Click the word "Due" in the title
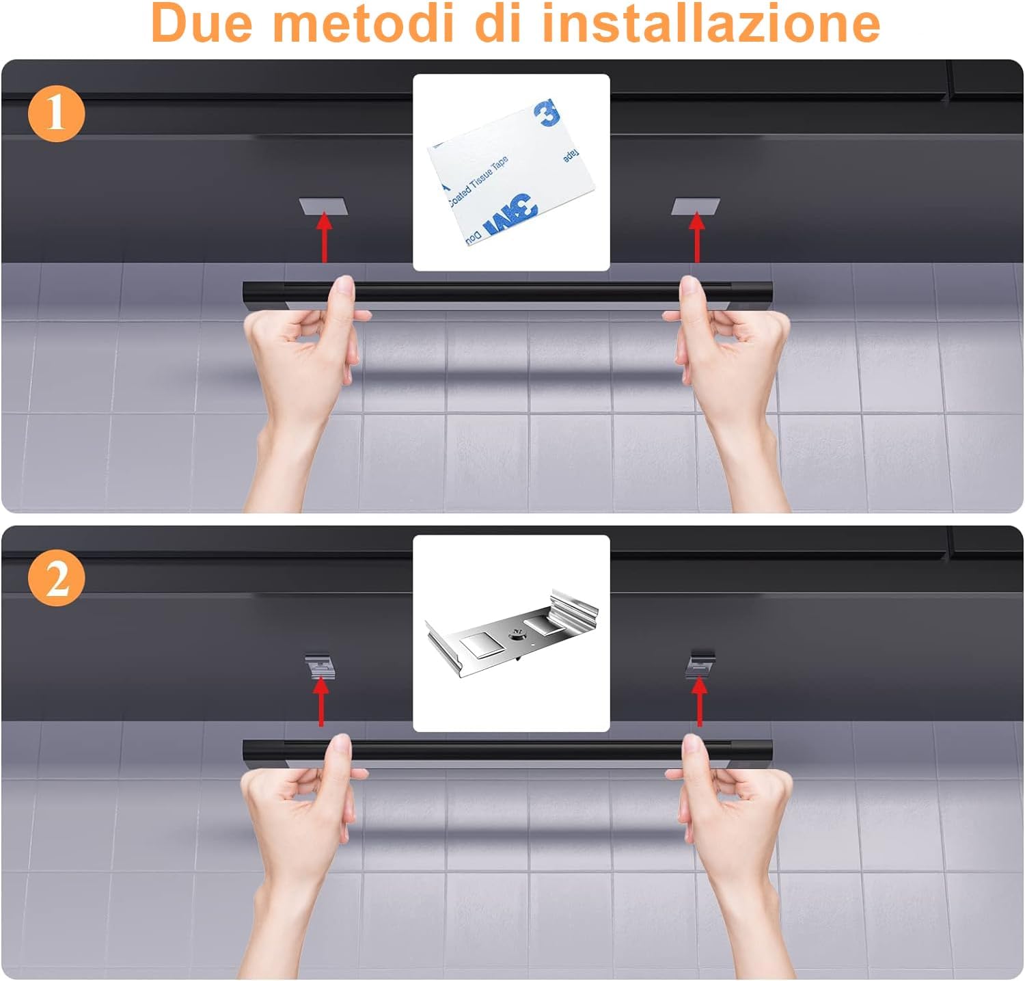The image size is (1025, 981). click(x=202, y=23)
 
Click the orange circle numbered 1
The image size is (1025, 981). click(x=57, y=113)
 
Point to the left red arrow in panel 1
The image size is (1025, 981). click(x=325, y=237)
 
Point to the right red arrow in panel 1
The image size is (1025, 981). click(x=696, y=237)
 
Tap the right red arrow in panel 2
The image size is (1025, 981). click(x=698, y=701)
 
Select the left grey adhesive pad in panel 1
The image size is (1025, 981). click(x=323, y=206)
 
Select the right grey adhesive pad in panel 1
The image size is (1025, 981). click(x=696, y=206)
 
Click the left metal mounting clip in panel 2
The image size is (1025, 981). click(x=320, y=664)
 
